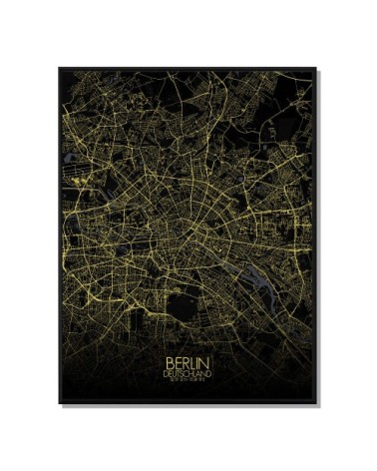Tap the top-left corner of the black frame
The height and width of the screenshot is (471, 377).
click(x=59, y=68)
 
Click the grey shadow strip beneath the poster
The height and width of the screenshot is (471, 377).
click(x=189, y=407)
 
